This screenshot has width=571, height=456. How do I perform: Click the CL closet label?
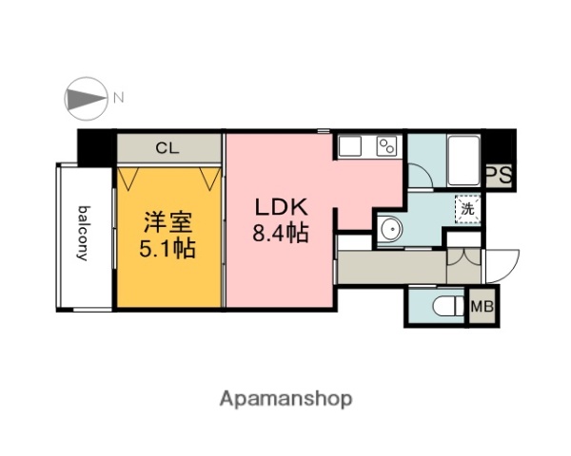point(168,148)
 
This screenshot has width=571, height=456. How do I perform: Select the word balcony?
point(85,234)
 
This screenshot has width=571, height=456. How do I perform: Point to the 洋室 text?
point(168,224)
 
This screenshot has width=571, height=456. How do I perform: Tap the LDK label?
point(279,206)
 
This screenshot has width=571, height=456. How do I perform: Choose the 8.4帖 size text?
point(279,232)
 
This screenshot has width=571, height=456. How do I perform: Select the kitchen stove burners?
point(386,146)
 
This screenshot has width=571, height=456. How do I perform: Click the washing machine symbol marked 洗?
point(467,208)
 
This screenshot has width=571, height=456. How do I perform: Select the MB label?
point(482,307)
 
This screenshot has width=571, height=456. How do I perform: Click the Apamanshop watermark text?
point(286,398)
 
